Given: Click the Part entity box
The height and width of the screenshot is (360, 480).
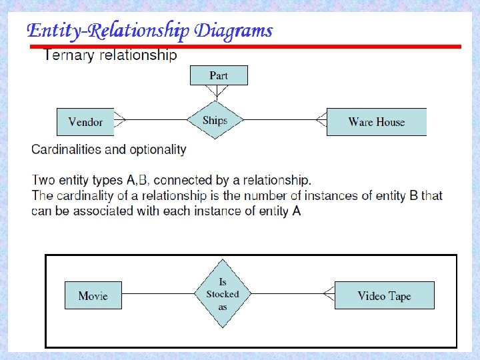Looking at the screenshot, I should (x=219, y=75).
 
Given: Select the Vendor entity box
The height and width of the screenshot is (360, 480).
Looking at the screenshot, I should (x=85, y=122).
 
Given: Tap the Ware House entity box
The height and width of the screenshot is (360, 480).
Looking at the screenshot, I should (x=376, y=122).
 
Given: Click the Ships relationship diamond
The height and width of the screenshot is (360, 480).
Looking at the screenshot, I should (x=215, y=121).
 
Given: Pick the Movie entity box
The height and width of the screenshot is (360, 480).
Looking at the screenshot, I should (x=93, y=295).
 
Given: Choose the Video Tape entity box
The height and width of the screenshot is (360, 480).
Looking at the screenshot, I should (x=384, y=295).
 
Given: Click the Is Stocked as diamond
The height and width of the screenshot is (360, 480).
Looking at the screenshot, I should (x=223, y=294).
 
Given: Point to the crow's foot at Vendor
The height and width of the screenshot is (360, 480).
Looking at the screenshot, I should (x=120, y=120).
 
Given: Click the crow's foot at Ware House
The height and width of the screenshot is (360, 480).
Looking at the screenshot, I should (x=321, y=120).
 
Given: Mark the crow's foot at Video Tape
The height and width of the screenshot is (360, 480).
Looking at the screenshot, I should (x=329, y=293).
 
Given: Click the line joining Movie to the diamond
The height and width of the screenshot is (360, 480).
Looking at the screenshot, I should (x=159, y=294).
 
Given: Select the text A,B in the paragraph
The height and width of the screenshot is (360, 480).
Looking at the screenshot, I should (x=138, y=180).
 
